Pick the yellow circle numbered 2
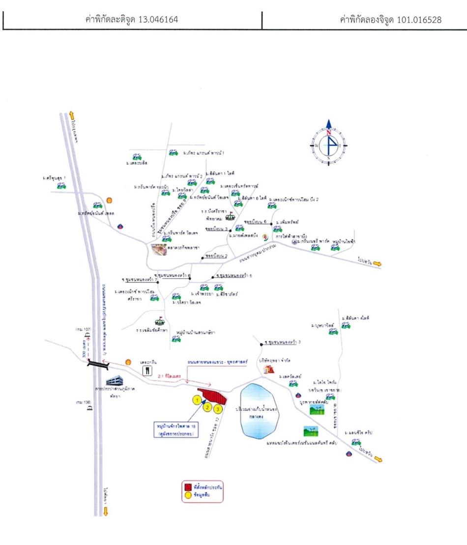208,406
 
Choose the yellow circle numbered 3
219,408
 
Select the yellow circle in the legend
187,495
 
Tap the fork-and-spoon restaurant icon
146,371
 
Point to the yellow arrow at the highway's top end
71,114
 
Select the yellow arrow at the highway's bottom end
105,511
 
